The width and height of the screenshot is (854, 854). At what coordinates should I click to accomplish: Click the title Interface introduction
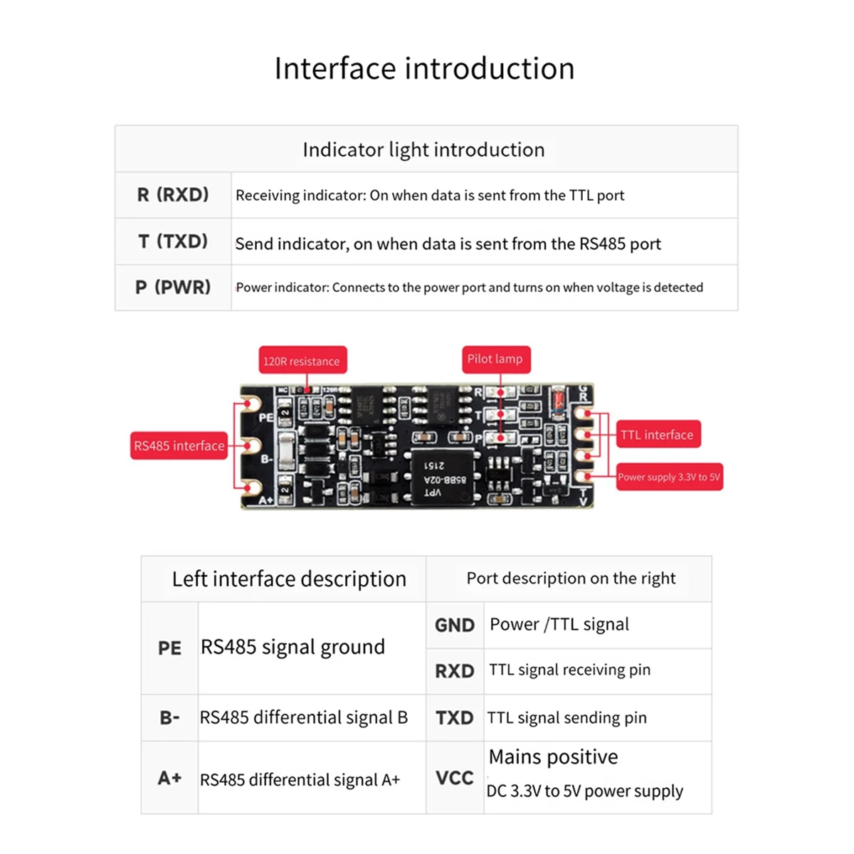(x=424, y=69)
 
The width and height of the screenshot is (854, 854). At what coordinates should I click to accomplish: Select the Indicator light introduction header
(x=423, y=149)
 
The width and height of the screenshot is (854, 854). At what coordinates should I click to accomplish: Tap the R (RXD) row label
(x=173, y=195)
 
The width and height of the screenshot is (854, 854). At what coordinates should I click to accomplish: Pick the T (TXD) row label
(x=173, y=242)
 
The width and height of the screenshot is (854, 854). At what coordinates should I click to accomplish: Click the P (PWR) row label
(x=173, y=288)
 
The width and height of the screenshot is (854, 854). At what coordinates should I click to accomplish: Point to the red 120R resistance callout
(x=302, y=361)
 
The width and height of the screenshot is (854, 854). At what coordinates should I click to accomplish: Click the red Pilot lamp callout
(x=495, y=359)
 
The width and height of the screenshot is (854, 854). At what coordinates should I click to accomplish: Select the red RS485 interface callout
(x=179, y=446)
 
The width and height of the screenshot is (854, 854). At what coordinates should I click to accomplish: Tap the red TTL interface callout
(x=657, y=435)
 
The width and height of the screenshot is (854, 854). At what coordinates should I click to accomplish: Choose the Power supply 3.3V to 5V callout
(x=669, y=477)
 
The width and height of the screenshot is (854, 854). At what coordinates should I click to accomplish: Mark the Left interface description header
(x=289, y=579)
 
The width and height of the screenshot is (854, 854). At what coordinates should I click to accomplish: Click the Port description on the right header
(x=571, y=579)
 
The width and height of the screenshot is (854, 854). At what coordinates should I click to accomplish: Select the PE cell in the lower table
(x=169, y=648)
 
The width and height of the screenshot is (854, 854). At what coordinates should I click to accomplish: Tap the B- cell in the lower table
(x=169, y=717)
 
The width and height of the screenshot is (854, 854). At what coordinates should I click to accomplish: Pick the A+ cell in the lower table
(x=169, y=778)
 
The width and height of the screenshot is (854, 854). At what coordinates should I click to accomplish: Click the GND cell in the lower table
(x=455, y=626)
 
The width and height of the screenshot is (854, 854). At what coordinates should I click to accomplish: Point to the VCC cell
(x=455, y=778)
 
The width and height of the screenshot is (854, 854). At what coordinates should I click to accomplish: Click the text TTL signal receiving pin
(x=569, y=670)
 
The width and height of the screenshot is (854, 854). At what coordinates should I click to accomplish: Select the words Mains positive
(x=554, y=757)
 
